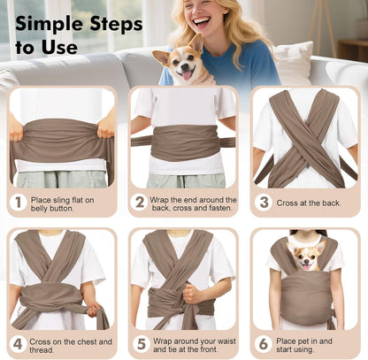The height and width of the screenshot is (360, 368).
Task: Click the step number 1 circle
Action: (18, 203)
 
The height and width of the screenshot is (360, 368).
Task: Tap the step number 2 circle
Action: (140, 203)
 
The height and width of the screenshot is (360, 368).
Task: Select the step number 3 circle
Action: (262, 203)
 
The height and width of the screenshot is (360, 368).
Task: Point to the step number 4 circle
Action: (18, 343)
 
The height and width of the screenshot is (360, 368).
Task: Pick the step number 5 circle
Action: (140, 343)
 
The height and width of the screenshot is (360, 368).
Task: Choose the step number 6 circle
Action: (262, 343)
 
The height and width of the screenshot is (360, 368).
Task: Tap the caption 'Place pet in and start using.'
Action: (310, 343)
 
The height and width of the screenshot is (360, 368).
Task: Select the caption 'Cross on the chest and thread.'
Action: (69, 343)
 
